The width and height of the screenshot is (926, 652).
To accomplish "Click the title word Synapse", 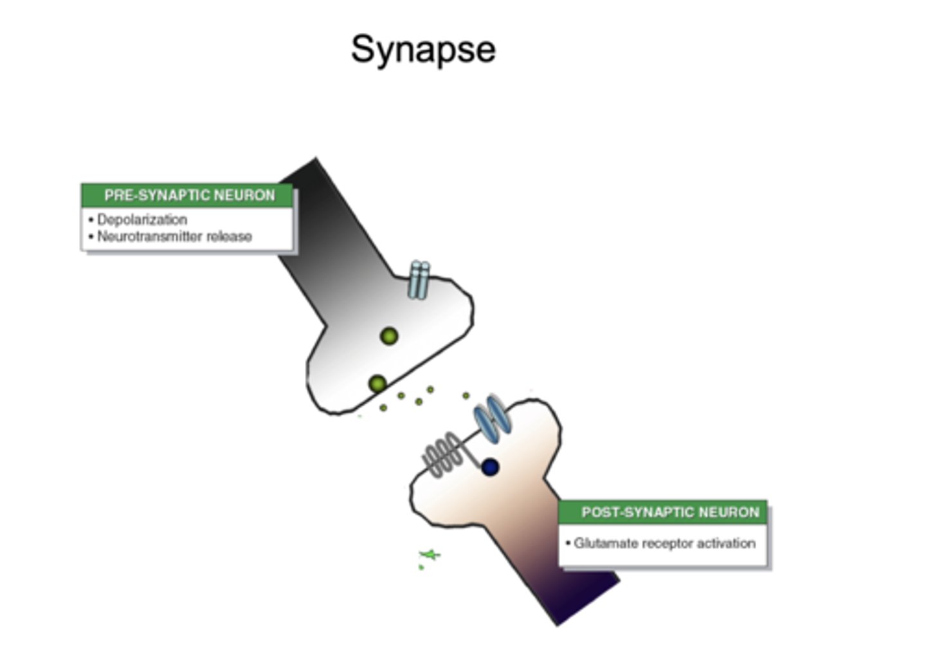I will [x=423, y=50].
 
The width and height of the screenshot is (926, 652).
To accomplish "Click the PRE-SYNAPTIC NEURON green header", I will [x=188, y=195].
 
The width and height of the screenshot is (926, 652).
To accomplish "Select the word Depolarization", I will [x=142, y=219].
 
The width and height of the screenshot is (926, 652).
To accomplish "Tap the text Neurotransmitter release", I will [x=174, y=236].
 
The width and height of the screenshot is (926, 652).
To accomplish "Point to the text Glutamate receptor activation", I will [x=664, y=543].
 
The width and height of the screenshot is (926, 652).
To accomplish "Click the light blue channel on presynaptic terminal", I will [x=419, y=280].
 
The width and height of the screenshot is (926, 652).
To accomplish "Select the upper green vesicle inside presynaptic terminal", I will [x=389, y=336].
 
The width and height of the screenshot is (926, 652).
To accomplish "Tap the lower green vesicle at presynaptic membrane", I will [x=377, y=384].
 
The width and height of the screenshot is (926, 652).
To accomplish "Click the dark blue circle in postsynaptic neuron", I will [x=490, y=467].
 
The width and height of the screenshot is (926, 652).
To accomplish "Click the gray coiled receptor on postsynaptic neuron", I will [x=443, y=455].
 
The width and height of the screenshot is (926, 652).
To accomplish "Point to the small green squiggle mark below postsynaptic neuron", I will [x=429, y=555].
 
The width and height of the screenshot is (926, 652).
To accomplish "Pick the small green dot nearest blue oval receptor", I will [x=466, y=396].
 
